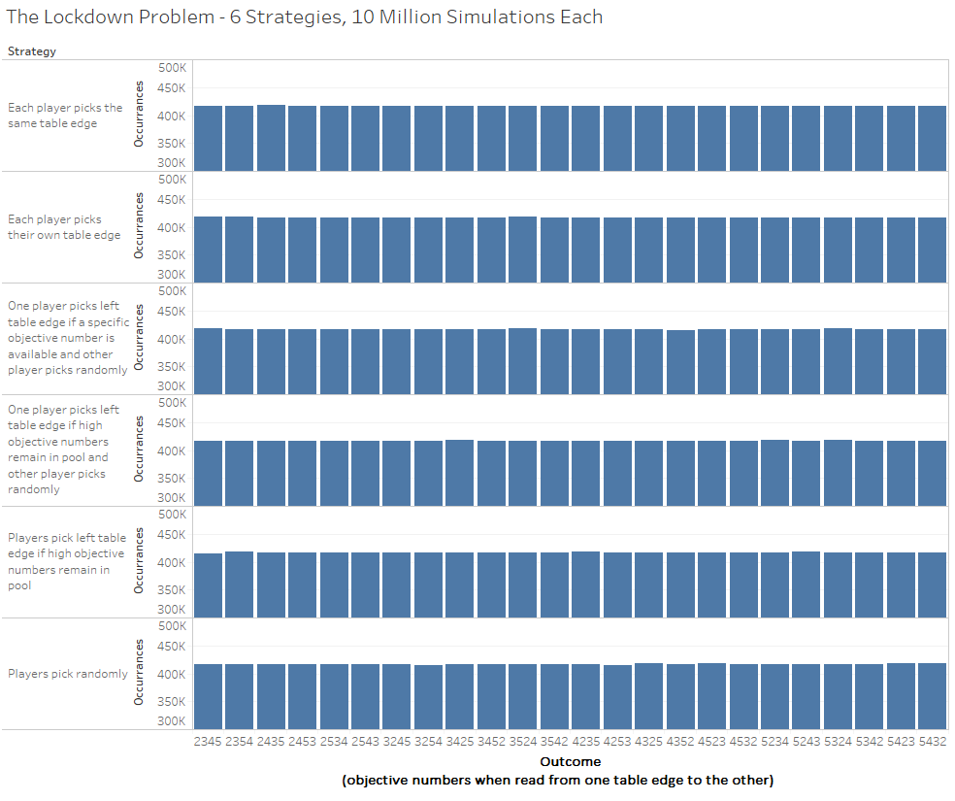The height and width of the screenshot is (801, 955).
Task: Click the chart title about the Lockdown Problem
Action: pyautogui.click(x=304, y=17)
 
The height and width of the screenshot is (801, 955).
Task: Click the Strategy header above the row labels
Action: pyautogui.click(x=32, y=51)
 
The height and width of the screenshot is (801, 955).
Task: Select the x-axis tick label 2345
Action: pyautogui.click(x=209, y=741)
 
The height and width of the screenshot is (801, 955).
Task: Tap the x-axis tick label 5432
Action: pyautogui.click(x=932, y=741)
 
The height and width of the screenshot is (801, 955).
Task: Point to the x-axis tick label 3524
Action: pyautogui.click(x=522, y=741)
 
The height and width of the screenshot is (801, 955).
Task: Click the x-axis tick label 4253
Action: pyautogui.click(x=617, y=741)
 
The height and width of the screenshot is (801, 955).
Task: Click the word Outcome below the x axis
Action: pyautogui.click(x=571, y=762)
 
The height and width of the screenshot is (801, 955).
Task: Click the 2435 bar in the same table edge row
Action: pyautogui.click(x=271, y=138)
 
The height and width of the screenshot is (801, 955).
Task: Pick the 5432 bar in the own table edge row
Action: pyautogui.click(x=932, y=250)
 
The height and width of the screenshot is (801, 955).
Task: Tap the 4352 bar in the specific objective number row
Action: pyautogui.click(x=680, y=362)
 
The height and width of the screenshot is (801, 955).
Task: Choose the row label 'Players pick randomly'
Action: pyautogui.click(x=68, y=674)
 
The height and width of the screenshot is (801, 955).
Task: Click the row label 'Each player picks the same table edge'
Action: pyautogui.click(x=66, y=116)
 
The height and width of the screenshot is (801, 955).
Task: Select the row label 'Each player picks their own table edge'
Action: pyautogui.click(x=65, y=227)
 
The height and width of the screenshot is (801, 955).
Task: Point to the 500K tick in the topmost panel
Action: pyautogui.click(x=172, y=68)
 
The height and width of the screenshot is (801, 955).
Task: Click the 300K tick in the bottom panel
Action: pyautogui.click(x=172, y=721)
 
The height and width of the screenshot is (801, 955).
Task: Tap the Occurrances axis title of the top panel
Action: pyautogui.click(x=140, y=115)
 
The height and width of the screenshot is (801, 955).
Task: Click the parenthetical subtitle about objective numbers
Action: pyautogui.click(x=558, y=780)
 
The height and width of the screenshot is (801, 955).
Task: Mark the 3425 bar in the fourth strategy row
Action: pyautogui.click(x=460, y=473)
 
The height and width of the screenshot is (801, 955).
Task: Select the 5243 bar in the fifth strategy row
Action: pyautogui.click(x=806, y=584)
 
